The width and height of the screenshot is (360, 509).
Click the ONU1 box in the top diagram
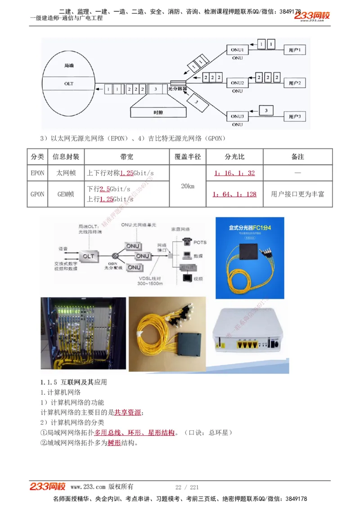pos(237,49)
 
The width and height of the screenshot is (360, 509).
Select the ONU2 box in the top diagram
pos(237,83)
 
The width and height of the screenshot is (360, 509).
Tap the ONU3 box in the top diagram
pos(237,116)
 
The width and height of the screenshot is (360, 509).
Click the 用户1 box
pos(297,49)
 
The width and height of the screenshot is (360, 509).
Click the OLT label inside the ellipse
pos(68,84)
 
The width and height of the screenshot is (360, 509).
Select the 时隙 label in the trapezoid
pos(158,112)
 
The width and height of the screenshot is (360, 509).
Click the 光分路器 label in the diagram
pos(177,89)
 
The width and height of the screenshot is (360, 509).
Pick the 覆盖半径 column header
pos(188,157)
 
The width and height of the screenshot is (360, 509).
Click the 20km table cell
pos(188,186)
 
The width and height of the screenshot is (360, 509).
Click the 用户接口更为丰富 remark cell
pos(297,194)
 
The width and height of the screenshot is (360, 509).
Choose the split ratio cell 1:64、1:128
pos(234,194)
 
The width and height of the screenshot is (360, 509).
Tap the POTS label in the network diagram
pos(200,242)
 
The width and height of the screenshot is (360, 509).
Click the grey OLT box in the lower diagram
pos(89,256)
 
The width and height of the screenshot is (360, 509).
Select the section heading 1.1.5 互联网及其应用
pos(74,382)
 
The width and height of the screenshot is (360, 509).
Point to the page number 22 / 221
pos(187,487)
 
